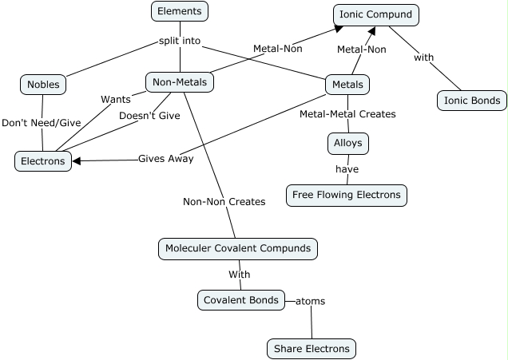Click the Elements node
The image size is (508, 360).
click(180, 11)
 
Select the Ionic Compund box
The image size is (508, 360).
click(375, 14)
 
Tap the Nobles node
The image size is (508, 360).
click(43, 85)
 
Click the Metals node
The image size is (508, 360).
click(347, 85)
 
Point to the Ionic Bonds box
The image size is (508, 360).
click(472, 101)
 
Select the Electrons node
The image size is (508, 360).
click(43, 161)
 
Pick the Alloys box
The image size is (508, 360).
click(347, 144)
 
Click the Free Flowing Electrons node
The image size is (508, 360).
click(347, 196)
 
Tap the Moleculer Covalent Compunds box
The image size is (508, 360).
click(238, 248)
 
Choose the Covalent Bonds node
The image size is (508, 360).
click(241, 300)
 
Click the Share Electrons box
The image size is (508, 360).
click(312, 349)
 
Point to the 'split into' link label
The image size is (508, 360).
click(180, 40)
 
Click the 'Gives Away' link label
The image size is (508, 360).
click(165, 159)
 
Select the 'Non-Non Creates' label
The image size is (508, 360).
click(224, 202)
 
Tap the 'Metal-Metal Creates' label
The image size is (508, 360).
click(347, 114)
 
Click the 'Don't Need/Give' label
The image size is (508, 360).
click(41, 123)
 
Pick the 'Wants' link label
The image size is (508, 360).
click(116, 100)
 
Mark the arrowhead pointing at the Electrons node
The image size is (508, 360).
click(77, 161)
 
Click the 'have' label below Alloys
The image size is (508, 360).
click(347, 169)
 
